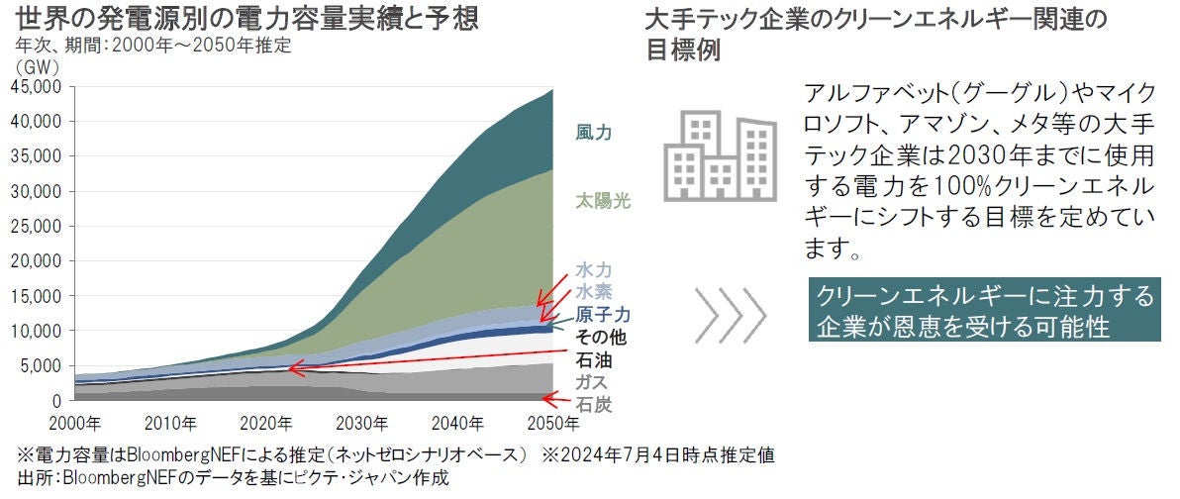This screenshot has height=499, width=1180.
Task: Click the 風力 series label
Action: click(x=593, y=133)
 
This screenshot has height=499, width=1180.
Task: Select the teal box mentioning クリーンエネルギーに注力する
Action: click(x=983, y=311)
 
